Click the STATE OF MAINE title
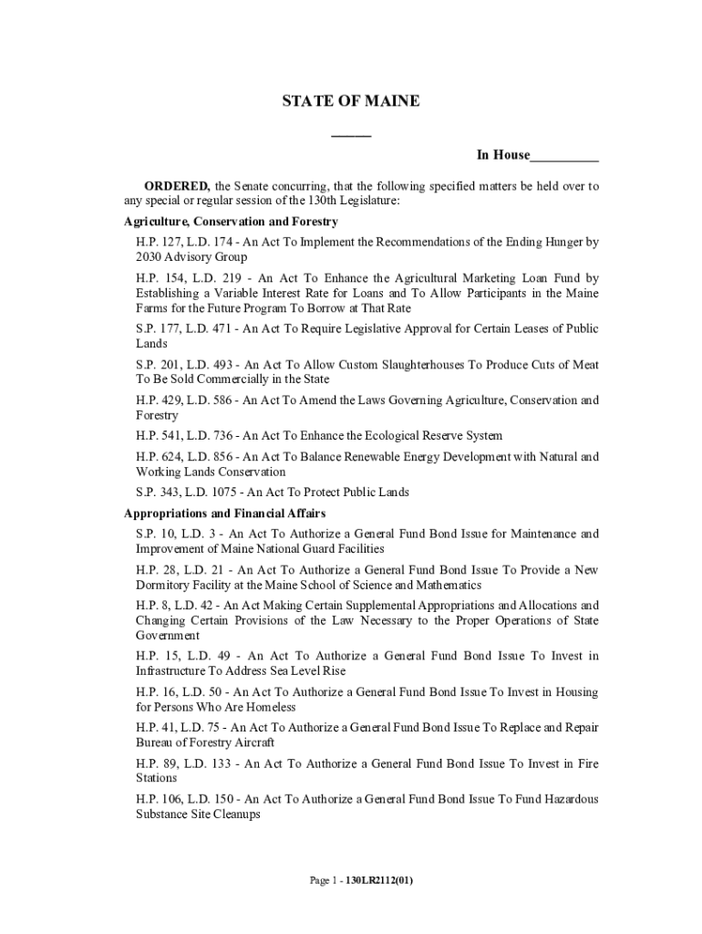coord(351,101)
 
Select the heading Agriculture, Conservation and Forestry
coord(231,222)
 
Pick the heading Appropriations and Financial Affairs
coord(224,514)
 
